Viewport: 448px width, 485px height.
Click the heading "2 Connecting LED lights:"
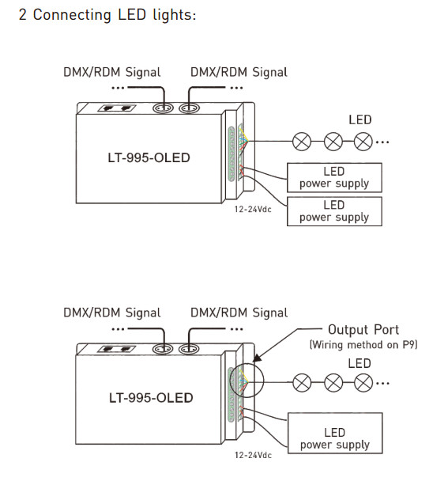(107, 15)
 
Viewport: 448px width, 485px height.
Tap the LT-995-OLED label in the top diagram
(149, 157)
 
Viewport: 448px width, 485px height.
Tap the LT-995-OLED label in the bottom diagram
(151, 398)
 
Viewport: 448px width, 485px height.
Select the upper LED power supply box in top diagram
(334, 177)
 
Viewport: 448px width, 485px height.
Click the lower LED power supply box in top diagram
(334, 211)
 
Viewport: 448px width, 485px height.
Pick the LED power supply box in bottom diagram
(335, 433)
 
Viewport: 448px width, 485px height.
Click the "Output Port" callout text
(363, 330)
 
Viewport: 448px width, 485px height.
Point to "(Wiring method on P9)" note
(363, 345)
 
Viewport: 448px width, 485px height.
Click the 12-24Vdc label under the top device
(253, 210)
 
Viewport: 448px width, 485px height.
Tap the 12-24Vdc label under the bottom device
(253, 455)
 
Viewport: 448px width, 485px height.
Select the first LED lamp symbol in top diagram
(302, 142)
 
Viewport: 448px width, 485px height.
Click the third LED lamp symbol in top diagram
(363, 142)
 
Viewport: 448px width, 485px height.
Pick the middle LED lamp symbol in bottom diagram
(333, 383)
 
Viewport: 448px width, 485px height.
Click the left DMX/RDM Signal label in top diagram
(112, 72)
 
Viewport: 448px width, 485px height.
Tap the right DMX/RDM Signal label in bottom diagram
(239, 313)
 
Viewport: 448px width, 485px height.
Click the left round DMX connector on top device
(163, 108)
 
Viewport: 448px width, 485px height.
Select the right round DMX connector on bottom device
(189, 349)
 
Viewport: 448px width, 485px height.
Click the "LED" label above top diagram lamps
(360, 120)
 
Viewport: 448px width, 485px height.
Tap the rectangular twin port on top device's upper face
(117, 108)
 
